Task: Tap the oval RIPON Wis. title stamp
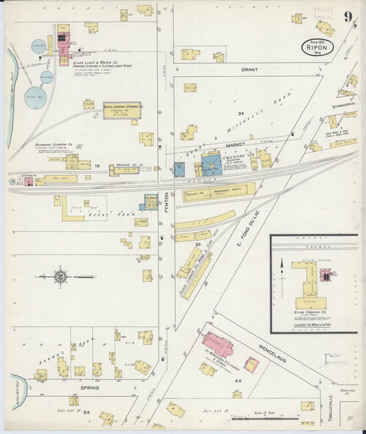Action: [317, 47]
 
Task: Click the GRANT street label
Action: [249, 69]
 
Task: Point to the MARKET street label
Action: [235, 146]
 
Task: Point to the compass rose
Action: [61, 277]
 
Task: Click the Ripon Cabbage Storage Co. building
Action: [122, 110]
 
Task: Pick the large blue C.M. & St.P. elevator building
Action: [211, 164]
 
